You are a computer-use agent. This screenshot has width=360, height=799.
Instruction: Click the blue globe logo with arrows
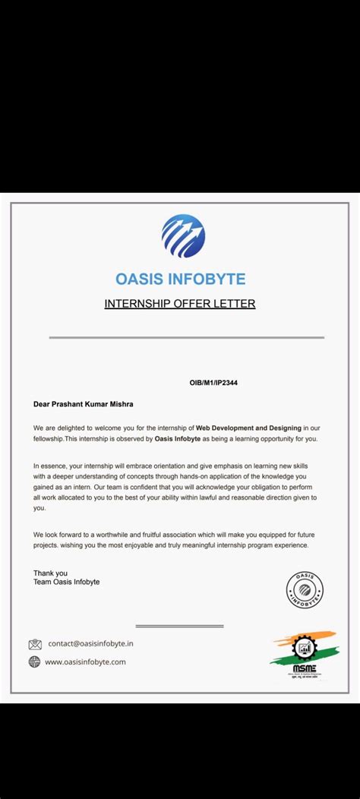pyautogui.click(x=183, y=235)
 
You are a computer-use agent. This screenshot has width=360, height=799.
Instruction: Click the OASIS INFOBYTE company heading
pyautogui.click(x=180, y=279)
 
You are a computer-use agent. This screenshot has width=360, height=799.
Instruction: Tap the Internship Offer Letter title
pyautogui.click(x=179, y=304)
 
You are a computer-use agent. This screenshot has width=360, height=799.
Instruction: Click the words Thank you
pyautogui.click(x=50, y=573)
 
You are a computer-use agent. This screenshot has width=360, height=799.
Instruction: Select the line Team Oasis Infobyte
pyautogui.click(x=66, y=582)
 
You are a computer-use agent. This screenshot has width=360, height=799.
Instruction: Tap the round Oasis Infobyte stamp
pyautogui.click(x=305, y=589)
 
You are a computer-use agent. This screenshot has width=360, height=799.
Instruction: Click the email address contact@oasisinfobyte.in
pyautogui.click(x=91, y=643)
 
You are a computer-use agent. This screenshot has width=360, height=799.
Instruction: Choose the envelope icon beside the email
pyautogui.click(x=35, y=644)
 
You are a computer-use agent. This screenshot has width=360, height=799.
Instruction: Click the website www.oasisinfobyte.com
pyautogui.click(x=85, y=662)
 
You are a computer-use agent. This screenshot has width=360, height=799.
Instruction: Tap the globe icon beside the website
pyautogui.click(x=34, y=662)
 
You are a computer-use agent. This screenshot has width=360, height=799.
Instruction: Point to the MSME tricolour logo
pyautogui.click(x=305, y=658)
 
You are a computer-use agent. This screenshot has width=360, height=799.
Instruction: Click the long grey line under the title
pyautogui.click(x=186, y=337)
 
